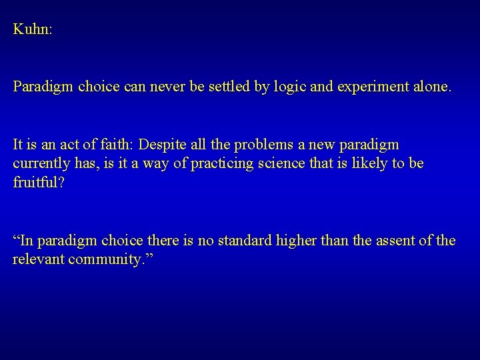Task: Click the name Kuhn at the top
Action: click(30, 30)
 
